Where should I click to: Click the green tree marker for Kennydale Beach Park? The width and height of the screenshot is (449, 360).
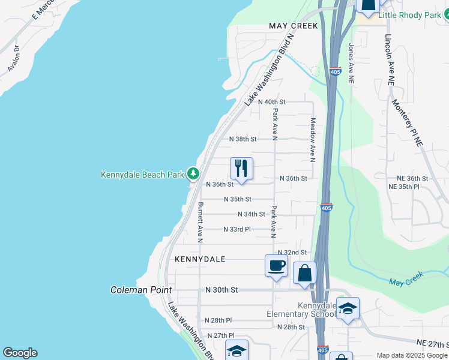coord(193,174)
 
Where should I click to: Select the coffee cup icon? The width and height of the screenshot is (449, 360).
coord(276,266)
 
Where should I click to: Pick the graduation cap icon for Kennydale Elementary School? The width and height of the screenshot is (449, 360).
coord(348,309)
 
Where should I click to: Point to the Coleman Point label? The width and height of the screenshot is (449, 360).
coord(141,290)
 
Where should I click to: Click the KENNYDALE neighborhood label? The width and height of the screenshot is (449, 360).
coord(200,259)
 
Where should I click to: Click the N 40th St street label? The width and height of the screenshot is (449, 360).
coord(271,103)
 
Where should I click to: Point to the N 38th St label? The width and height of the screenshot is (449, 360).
coord(243,139)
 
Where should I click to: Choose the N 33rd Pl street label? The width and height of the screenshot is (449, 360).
coord(237,229)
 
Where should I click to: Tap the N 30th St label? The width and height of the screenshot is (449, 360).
coord(221,290)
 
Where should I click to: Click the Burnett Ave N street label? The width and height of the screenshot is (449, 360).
coord(200,222)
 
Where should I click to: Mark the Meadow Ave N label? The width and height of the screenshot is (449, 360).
coord(313,140)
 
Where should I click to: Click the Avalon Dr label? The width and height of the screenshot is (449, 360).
coord(13,59)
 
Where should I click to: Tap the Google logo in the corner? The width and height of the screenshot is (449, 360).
coord(20,353)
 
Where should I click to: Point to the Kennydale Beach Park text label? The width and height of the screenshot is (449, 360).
coord(143,175)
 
